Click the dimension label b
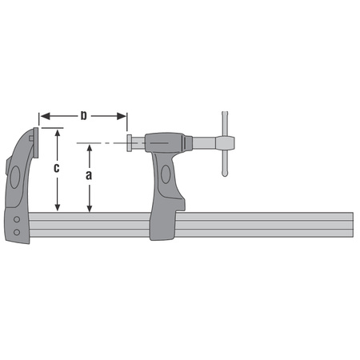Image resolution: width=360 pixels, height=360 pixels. click(x=83, y=117)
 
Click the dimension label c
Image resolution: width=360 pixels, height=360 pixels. click(x=57, y=169)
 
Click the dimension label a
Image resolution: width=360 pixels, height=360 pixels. click(x=90, y=174)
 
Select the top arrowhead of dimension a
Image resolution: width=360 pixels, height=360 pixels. click(x=90, y=147)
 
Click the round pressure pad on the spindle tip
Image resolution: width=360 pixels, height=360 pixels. click(x=129, y=143)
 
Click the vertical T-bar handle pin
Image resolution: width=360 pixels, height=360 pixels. click(x=225, y=144)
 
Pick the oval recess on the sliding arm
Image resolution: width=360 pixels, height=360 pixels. click(x=166, y=174)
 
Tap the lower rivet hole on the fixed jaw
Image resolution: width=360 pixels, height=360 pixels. click(x=16, y=232)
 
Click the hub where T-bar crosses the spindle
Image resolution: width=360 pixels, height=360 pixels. click(x=225, y=143)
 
